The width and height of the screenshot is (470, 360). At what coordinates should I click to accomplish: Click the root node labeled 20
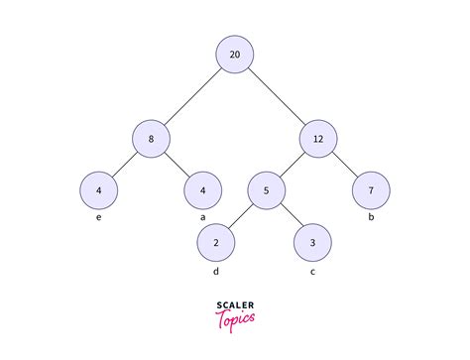tap(235, 54)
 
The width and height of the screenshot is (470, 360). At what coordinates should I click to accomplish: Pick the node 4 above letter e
tap(100, 189)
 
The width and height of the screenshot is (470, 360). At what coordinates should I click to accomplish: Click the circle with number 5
tap(266, 189)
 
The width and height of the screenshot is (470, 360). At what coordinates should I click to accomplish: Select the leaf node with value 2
tap(217, 242)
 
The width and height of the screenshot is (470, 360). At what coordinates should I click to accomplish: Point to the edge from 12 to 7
tap(346, 163)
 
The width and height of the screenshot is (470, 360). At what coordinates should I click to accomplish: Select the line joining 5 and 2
tap(242, 215)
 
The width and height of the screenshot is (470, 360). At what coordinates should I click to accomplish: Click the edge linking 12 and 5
tap(293, 163)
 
